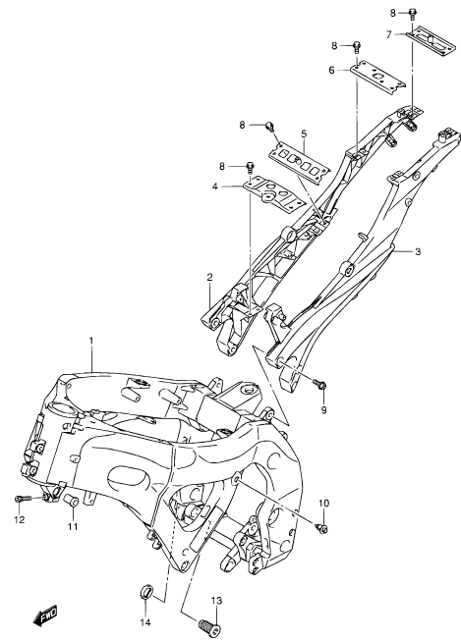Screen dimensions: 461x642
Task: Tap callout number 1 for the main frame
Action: (x=91, y=341)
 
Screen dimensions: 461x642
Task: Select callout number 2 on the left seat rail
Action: (x=209, y=277)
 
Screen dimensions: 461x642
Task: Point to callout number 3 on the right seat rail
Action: (x=417, y=252)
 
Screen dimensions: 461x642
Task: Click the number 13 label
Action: (x=216, y=601)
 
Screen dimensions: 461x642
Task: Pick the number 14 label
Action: (x=145, y=622)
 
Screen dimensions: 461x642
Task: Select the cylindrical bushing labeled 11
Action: (x=70, y=500)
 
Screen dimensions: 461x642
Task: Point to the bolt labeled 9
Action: (x=320, y=384)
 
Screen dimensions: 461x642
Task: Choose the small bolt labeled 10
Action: (x=323, y=529)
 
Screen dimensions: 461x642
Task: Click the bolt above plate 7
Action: (x=413, y=15)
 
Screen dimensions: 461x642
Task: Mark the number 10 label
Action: (x=323, y=503)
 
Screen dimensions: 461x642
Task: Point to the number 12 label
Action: (x=20, y=520)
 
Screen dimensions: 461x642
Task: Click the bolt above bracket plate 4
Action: (x=250, y=168)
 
